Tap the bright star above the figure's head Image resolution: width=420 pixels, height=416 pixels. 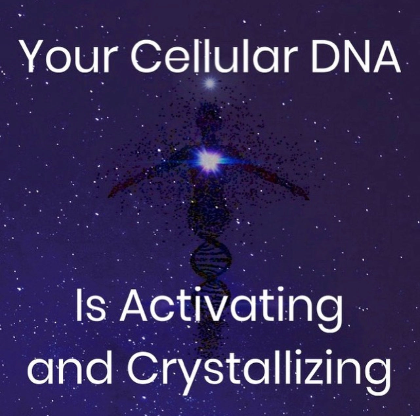(x=210, y=84)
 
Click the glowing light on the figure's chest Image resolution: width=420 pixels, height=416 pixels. (x=208, y=159)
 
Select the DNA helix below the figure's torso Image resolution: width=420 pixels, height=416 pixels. (x=209, y=259)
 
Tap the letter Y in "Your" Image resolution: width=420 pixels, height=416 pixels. (x=31, y=56)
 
